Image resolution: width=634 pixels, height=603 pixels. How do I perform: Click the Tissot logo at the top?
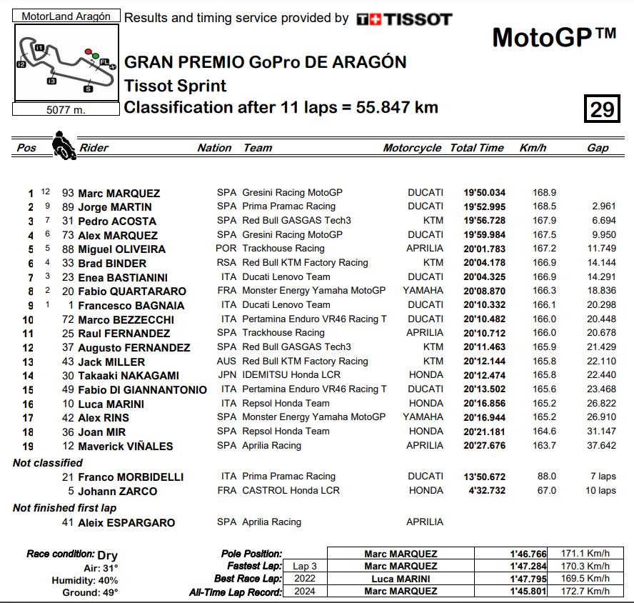tap(403, 19)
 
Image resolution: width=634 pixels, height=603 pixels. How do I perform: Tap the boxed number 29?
tap(602, 109)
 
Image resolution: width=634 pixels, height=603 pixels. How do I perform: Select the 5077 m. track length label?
tap(65, 109)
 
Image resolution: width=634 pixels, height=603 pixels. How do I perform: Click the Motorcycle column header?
tap(412, 148)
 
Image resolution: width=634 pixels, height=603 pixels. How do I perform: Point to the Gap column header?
tap(598, 148)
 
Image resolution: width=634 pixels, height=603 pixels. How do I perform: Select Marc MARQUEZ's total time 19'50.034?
tap(485, 193)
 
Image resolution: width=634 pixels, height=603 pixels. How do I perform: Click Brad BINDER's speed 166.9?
tap(544, 263)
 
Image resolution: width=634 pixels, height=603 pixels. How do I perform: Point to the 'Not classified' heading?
tap(48, 463)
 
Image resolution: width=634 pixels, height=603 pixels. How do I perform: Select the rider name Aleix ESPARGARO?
tap(126, 522)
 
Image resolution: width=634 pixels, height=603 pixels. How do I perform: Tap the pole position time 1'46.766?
tap(528, 554)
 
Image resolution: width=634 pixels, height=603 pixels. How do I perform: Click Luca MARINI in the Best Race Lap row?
tap(401, 579)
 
